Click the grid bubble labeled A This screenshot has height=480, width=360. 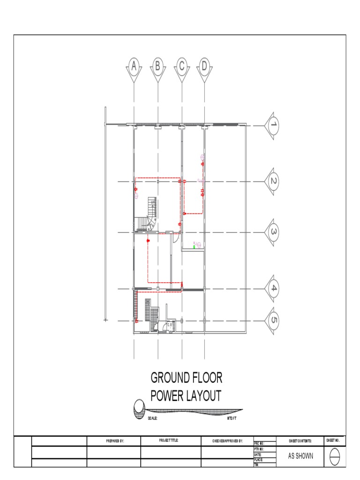click(135, 66)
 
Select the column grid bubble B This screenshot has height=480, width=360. click(158, 66)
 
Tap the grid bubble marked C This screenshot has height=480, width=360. click(181, 66)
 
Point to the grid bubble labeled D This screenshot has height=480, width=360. click(204, 66)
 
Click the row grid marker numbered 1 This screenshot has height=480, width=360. click(273, 125)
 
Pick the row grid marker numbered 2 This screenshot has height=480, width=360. click(273, 181)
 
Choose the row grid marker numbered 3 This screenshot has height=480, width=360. click(273, 232)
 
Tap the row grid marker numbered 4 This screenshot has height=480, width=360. click(273, 289)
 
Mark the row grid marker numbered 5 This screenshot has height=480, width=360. click(273, 321)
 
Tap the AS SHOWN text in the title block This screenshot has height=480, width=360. click(300, 456)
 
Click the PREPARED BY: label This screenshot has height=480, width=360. click(113, 441)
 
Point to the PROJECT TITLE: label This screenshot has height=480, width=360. click(169, 441)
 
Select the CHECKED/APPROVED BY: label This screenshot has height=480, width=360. click(228, 441)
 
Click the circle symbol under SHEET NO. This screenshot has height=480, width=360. click(335, 457)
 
